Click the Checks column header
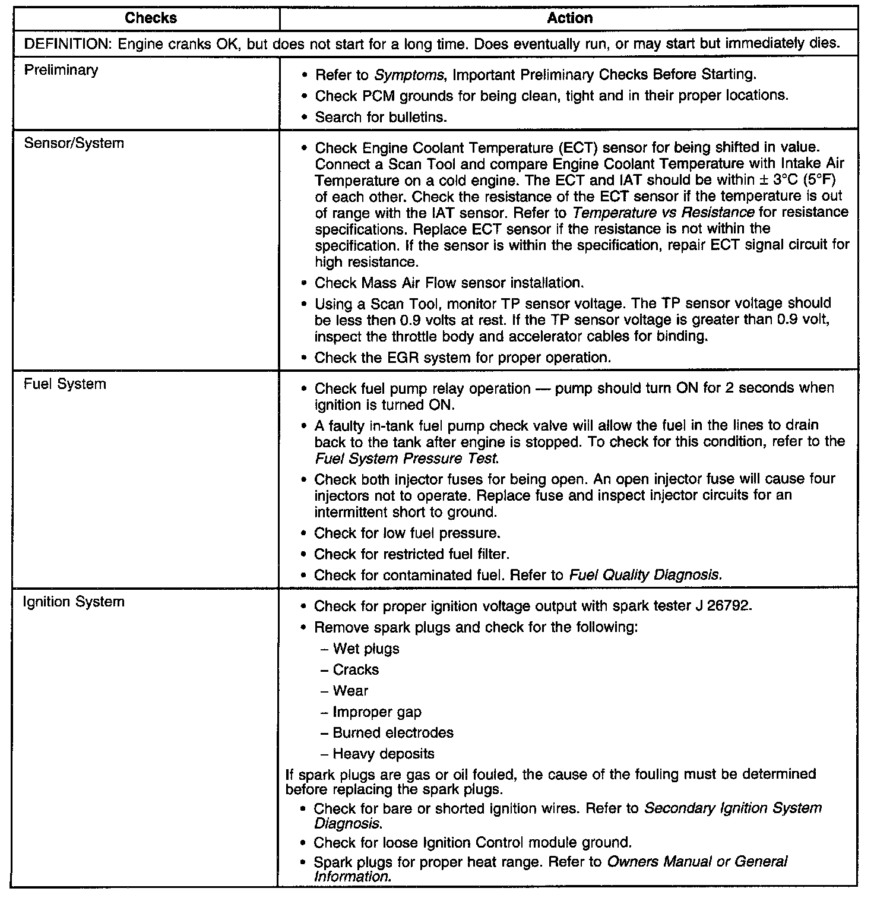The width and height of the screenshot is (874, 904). tap(151, 18)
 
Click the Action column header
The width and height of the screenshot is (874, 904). tap(569, 18)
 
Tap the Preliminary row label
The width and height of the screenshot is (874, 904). tap(61, 70)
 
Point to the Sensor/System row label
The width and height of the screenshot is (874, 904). tap(74, 143)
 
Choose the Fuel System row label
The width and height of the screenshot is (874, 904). tap(65, 384)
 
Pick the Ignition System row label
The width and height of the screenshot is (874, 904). tap(74, 602)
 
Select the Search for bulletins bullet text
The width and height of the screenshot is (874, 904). tap(381, 117)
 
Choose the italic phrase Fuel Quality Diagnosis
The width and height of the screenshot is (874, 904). tap(645, 575)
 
